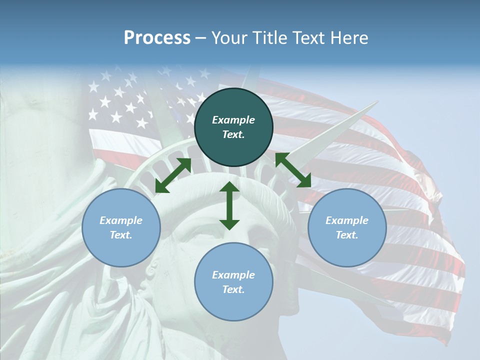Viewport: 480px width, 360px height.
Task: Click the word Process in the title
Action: click(x=157, y=38)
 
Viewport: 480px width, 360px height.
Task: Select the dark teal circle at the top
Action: click(x=233, y=100)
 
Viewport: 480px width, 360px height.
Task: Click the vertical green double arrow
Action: click(x=229, y=205)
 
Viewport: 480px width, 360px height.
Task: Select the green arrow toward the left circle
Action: click(x=173, y=175)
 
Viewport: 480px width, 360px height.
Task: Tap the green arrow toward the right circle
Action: click(x=293, y=170)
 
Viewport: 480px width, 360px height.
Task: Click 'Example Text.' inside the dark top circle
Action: click(x=233, y=127)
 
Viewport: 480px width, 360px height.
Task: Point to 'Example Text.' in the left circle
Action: click(x=121, y=227)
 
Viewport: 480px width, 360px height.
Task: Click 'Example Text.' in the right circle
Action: click(x=347, y=227)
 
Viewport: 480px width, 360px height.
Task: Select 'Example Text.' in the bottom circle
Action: click(x=233, y=282)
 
